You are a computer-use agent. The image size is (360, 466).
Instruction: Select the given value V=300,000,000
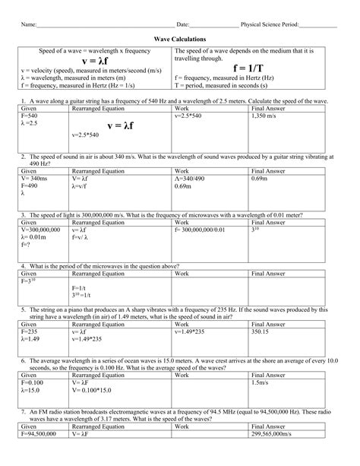coord(45,229)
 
